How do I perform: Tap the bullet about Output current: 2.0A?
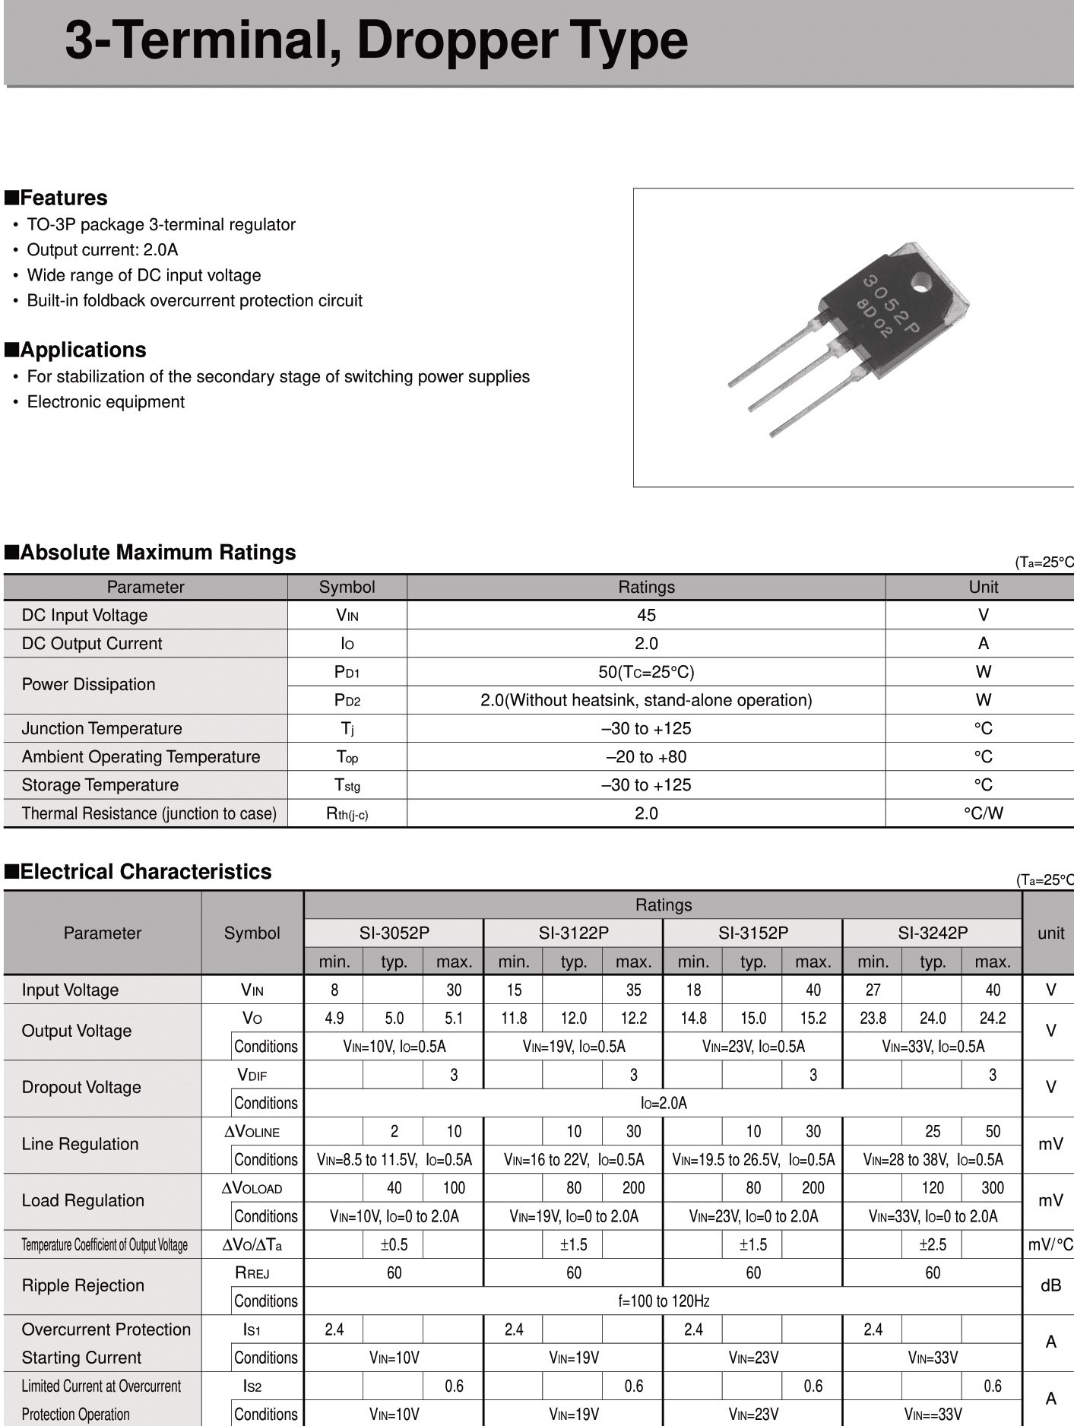coord(102,250)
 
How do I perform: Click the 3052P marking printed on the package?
coord(891,304)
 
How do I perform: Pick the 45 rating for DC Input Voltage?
coord(646,615)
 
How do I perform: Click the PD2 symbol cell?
coord(347,700)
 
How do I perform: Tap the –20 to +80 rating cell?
coord(646,757)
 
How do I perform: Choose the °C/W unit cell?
coord(983,813)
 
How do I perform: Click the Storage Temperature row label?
coord(100,785)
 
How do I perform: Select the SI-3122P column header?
coord(573,933)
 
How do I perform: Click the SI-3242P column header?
coord(933,933)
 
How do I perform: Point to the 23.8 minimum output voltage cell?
coord(873,1018)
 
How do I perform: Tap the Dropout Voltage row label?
coord(81,1088)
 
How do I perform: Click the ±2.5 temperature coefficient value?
coord(933,1244)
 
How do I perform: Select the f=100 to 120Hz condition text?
coord(664,1301)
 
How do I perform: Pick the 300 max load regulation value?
coord(992,1188)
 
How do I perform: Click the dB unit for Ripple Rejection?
coord(1050,1285)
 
